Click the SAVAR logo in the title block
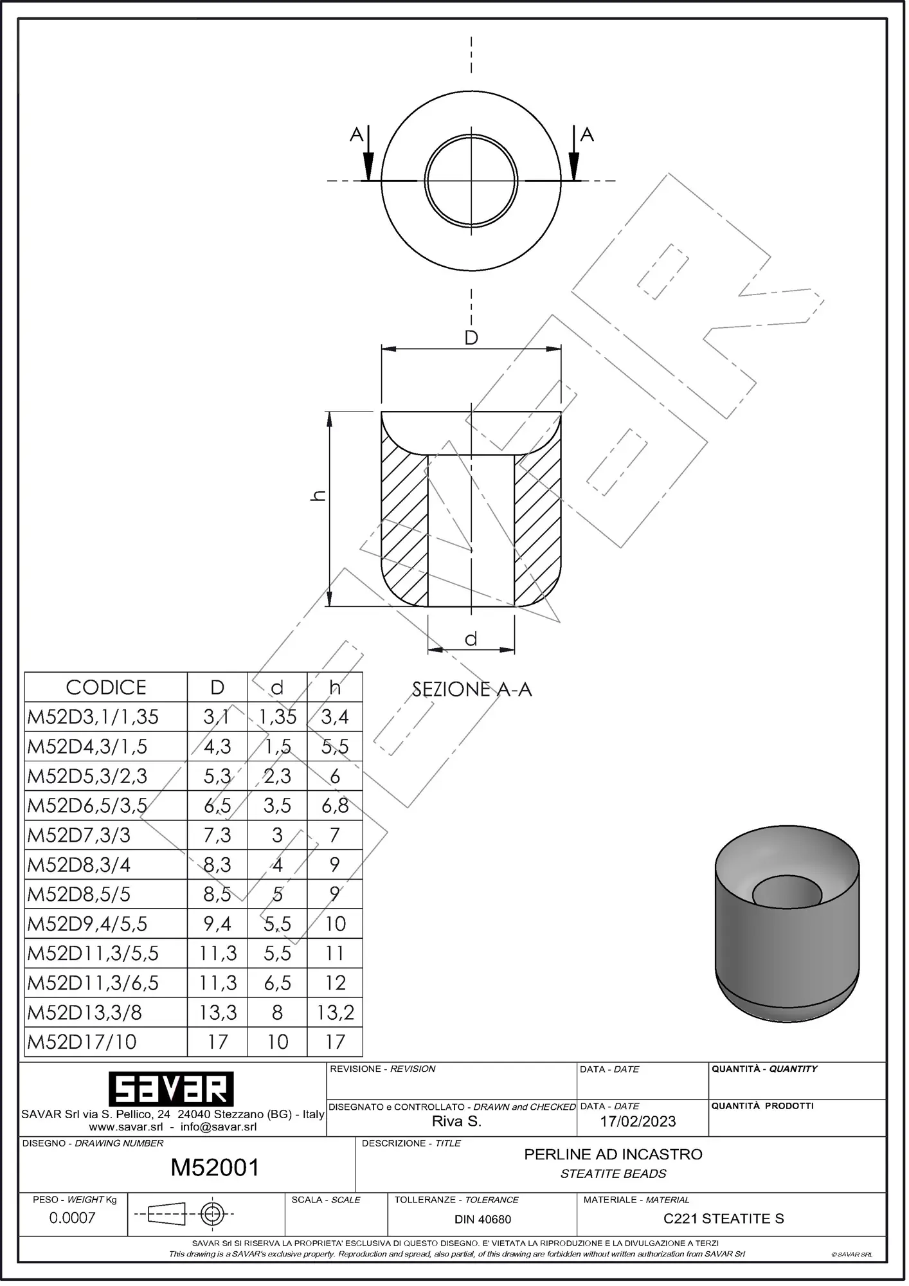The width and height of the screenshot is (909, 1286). (x=170, y=1089)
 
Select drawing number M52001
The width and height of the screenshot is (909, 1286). (x=215, y=1167)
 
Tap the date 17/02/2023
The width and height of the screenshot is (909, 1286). (x=638, y=1121)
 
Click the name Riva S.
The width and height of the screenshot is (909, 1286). (x=456, y=1121)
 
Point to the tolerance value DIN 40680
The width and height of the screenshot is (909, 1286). (x=483, y=1219)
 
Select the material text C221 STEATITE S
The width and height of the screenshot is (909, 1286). (x=723, y=1218)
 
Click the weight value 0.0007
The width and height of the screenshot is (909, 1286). (x=72, y=1218)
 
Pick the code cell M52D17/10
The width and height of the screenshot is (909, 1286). (x=82, y=1042)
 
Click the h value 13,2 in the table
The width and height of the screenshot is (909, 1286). (x=335, y=1012)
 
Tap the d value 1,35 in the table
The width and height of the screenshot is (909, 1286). (x=277, y=716)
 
